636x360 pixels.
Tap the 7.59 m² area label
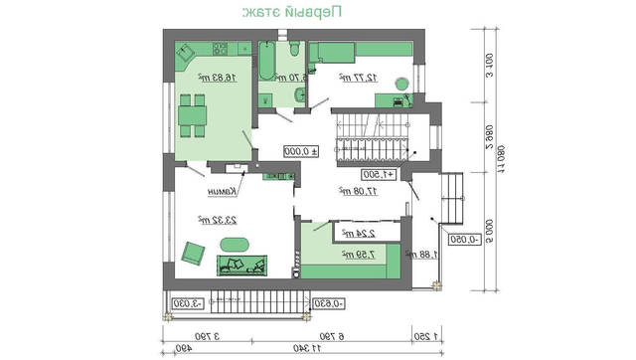[x=351, y=257]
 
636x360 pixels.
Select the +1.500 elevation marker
[x=379, y=174]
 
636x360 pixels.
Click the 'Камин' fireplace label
[x=222, y=193]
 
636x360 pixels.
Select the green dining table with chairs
[x=192, y=115]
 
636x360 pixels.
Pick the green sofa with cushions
[x=242, y=264]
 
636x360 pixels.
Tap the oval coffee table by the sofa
[x=236, y=244]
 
